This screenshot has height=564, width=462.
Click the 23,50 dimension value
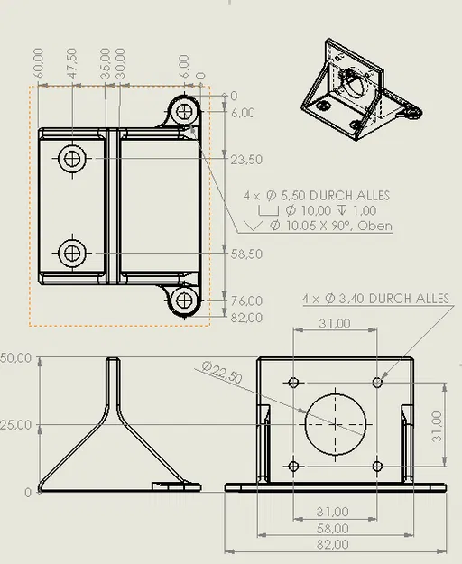coord(246,160)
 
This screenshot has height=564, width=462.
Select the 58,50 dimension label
coord(246,254)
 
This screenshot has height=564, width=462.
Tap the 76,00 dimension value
coord(246,300)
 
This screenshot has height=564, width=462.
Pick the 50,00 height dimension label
coord(15,358)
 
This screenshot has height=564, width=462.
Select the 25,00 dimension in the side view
coord(15,425)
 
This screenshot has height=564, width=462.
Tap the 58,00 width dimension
coord(335,528)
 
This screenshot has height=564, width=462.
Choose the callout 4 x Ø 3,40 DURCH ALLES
coord(375,298)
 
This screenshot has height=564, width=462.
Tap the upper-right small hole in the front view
coord(377,383)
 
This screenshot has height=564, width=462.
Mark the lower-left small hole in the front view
coord(294,466)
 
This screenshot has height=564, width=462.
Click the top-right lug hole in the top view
coord(186,111)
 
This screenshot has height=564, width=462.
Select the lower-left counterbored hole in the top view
coord(72,254)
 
